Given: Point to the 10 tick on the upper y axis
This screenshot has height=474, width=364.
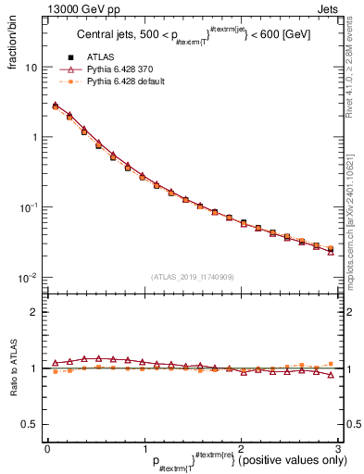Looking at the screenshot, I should [x=30, y=68].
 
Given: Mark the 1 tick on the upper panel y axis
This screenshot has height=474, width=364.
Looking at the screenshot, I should [x=32, y=137].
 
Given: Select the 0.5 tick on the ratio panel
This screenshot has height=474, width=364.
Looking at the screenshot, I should [x=29, y=424].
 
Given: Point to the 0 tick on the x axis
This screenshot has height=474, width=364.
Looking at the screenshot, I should [x=47, y=447].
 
